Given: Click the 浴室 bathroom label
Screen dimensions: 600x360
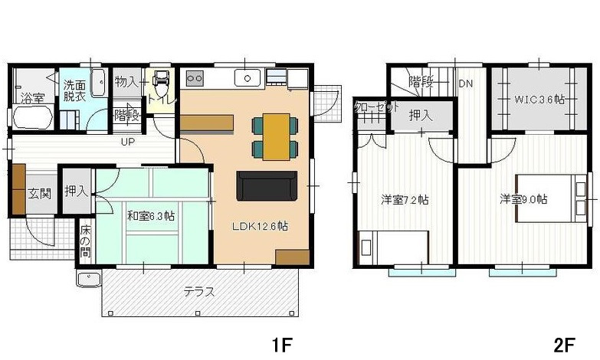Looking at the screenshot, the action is [32, 99].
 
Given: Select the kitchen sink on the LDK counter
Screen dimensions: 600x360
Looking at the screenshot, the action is [248, 78].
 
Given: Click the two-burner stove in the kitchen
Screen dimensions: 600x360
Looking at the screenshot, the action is [195, 78].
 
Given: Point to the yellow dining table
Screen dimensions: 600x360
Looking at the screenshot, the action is [277, 136].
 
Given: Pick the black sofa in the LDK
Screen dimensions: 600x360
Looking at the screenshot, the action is [267, 185].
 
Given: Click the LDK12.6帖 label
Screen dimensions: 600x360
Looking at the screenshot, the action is [260, 226].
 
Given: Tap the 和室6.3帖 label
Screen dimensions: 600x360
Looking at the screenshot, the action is [150, 216].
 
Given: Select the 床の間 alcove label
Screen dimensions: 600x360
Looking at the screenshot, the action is [85, 241].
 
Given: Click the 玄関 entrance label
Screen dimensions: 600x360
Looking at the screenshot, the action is [39, 193].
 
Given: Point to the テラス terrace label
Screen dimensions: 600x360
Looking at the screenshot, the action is [199, 292].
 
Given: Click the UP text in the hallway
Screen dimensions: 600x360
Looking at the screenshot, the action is [128, 142].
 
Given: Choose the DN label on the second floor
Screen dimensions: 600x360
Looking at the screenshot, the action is [465, 83].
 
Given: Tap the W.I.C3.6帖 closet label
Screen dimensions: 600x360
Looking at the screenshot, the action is [539, 100].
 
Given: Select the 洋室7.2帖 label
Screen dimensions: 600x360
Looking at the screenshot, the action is [405, 200].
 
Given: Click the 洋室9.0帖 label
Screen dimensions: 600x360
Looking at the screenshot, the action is [523, 199].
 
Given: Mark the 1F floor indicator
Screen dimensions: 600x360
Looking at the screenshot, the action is [282, 345].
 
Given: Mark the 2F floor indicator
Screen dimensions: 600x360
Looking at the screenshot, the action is [565, 345].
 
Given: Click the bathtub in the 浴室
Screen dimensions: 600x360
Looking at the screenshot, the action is [32, 116].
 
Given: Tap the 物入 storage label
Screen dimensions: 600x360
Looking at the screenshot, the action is [126, 81].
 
